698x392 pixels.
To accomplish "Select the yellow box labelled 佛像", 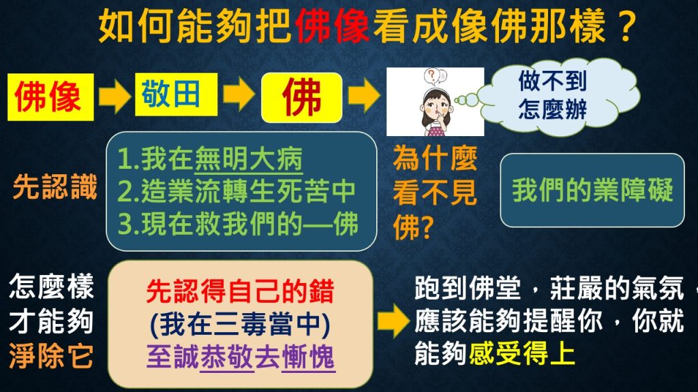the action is tap(50, 97).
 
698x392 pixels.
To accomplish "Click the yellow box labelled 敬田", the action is tap(177, 94).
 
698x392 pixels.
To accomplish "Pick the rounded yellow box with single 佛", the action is tap(302, 97).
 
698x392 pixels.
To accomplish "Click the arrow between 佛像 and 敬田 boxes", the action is tap(115, 95).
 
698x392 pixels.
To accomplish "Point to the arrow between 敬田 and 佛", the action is tap(239, 94).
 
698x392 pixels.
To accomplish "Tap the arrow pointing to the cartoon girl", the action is tap(364, 95).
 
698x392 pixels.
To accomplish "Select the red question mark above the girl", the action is tap(431, 76).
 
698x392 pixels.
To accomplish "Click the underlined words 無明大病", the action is tap(248, 159).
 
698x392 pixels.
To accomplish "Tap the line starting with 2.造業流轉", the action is tap(237, 191).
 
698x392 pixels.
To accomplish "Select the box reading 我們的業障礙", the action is tap(592, 191).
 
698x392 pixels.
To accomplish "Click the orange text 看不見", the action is tap(435, 193).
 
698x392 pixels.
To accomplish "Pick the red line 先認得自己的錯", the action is tap(240, 291).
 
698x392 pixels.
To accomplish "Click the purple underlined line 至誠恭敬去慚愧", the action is tap(241, 357).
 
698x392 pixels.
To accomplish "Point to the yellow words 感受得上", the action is tap(521, 355).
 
